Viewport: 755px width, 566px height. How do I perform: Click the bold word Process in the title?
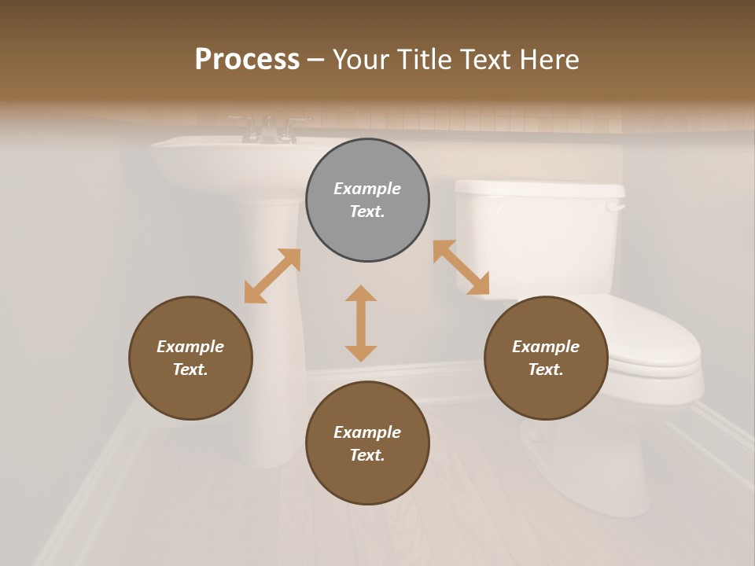coord(247,59)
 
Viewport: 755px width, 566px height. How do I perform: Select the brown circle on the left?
coord(190,358)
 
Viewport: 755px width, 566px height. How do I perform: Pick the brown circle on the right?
coord(546,358)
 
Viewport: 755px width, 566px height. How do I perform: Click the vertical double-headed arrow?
coord(361,323)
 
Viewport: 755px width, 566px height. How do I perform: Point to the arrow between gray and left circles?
coord(272,276)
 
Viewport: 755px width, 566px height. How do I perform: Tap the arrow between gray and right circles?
coord(461,268)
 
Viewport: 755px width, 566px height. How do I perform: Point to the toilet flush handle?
coord(615,207)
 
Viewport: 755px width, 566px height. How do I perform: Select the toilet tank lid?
coord(540,189)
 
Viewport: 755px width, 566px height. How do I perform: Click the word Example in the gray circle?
coord(367,189)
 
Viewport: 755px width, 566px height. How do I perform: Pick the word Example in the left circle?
coord(190,347)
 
